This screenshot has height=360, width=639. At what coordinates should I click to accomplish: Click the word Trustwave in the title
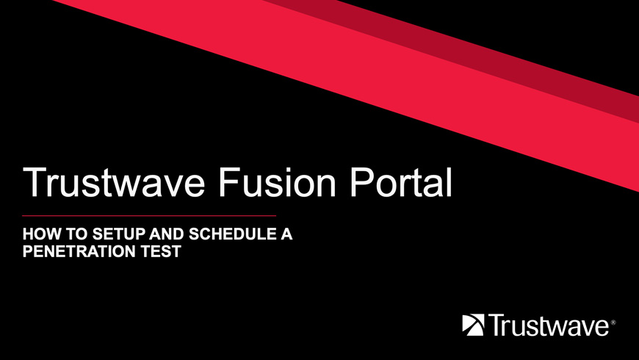pyautogui.click(x=114, y=182)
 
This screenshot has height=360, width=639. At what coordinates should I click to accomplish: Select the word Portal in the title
pyautogui.click(x=401, y=182)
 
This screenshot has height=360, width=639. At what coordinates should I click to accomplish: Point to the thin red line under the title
pyautogui.click(x=149, y=215)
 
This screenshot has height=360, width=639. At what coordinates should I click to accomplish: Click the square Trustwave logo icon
pyautogui.click(x=473, y=325)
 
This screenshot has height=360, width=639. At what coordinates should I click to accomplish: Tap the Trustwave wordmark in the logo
pyautogui.click(x=549, y=325)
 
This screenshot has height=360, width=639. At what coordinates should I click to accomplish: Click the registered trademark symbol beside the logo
pyautogui.click(x=613, y=323)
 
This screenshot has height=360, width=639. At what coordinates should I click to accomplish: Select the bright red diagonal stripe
pyautogui.click(x=367, y=82)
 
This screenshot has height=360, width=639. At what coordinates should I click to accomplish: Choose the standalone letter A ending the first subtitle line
pyautogui.click(x=286, y=234)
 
